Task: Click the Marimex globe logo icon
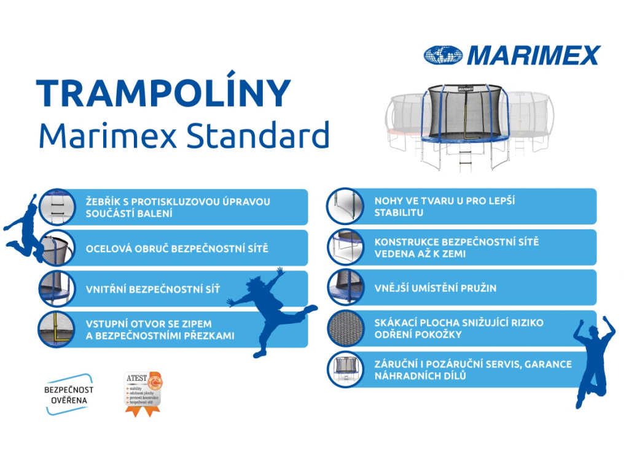(x=443, y=55)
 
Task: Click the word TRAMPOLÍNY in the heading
(x=163, y=94)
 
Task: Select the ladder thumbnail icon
(x=57, y=207)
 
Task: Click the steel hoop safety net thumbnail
(x=57, y=248)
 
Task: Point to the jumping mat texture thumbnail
(x=346, y=328)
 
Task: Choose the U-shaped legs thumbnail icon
(x=346, y=206)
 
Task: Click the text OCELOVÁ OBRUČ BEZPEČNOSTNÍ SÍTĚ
(x=176, y=248)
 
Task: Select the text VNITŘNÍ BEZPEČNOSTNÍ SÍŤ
(x=152, y=289)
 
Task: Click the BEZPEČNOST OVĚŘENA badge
(x=69, y=394)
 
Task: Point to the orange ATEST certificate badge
(x=143, y=393)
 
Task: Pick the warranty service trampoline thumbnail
(x=346, y=369)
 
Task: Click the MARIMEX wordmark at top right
(x=532, y=56)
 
